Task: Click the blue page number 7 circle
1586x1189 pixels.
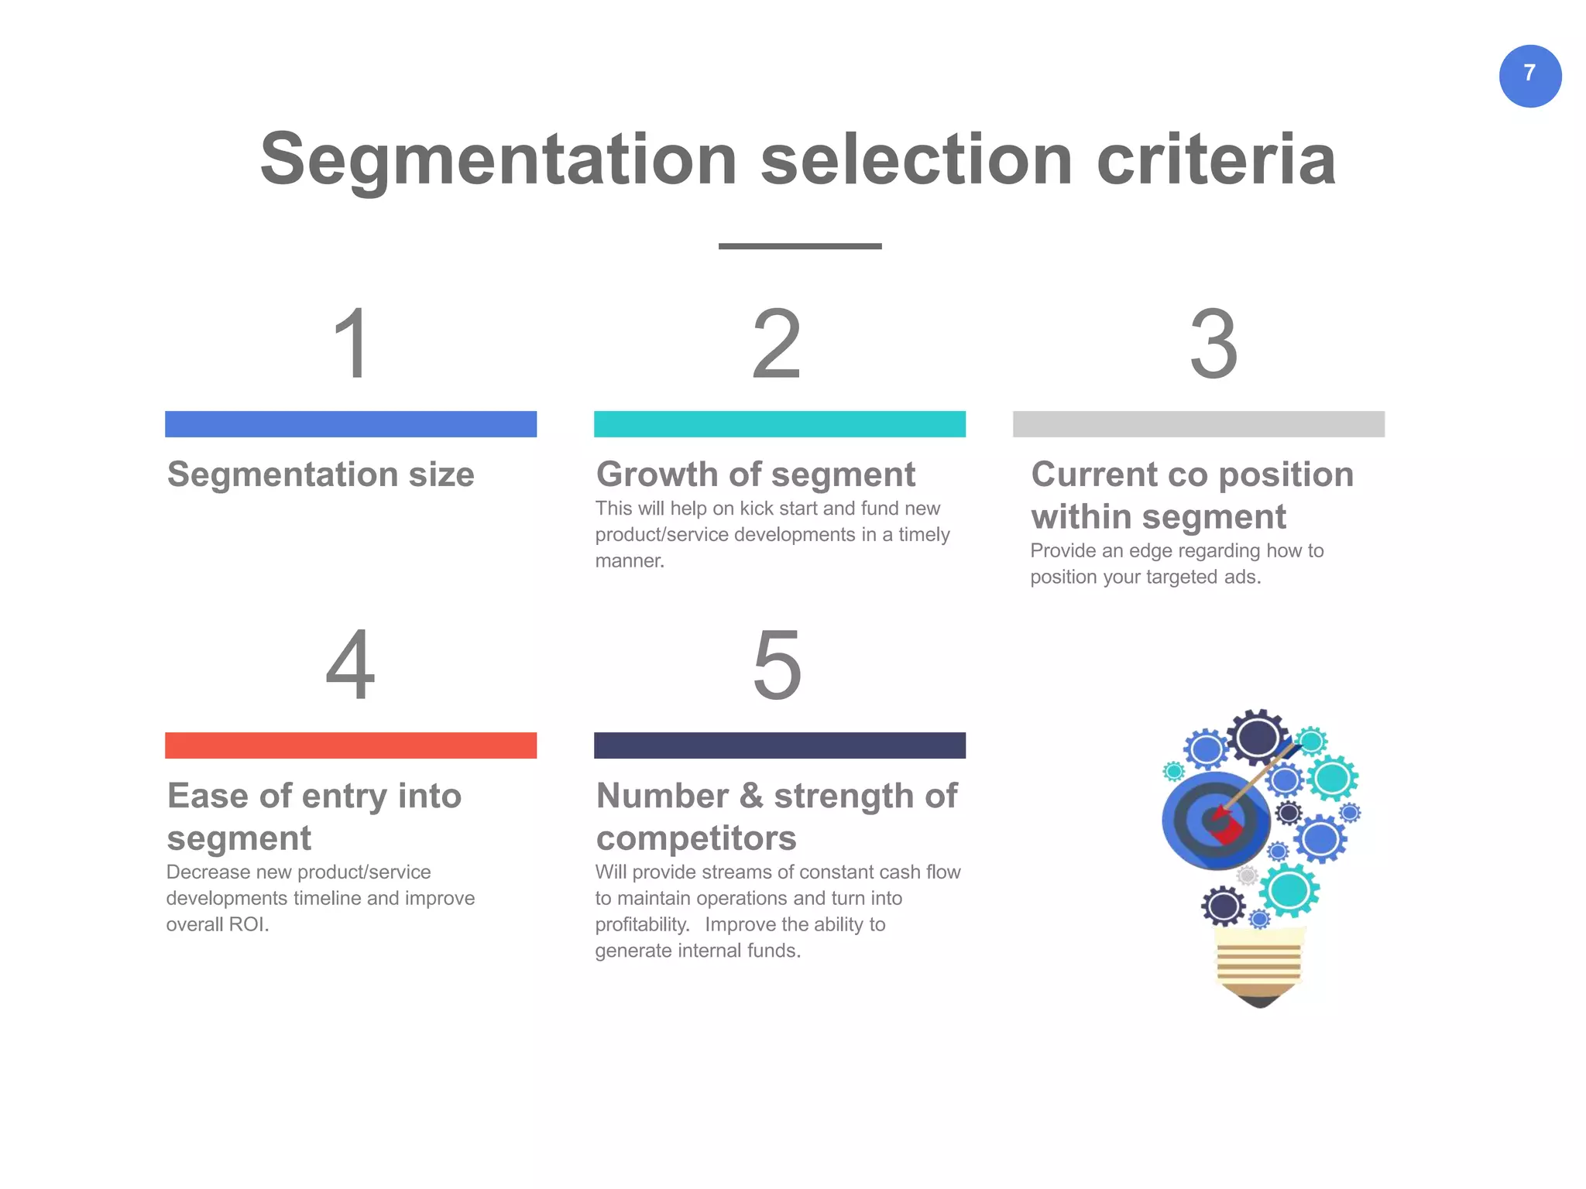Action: click(x=1529, y=76)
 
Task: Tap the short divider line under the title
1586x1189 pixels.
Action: click(x=800, y=246)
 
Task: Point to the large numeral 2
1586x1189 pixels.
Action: click(x=777, y=343)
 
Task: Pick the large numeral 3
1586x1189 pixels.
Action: click(x=1214, y=343)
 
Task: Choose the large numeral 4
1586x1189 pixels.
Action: click(x=350, y=663)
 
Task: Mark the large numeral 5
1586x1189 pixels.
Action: click(x=777, y=663)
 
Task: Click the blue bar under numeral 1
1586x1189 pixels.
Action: click(x=351, y=424)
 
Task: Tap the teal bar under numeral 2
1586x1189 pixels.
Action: click(x=779, y=424)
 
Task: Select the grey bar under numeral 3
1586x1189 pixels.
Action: click(x=1198, y=424)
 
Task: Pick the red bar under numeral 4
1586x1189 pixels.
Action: click(x=351, y=745)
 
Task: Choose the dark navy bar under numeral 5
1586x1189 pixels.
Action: click(x=779, y=745)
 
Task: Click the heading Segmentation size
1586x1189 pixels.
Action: click(x=321, y=475)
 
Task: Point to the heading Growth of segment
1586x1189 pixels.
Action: click(x=756, y=475)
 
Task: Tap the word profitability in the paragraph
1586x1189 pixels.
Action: click(x=641, y=925)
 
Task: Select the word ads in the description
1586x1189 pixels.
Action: click(x=1241, y=577)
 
